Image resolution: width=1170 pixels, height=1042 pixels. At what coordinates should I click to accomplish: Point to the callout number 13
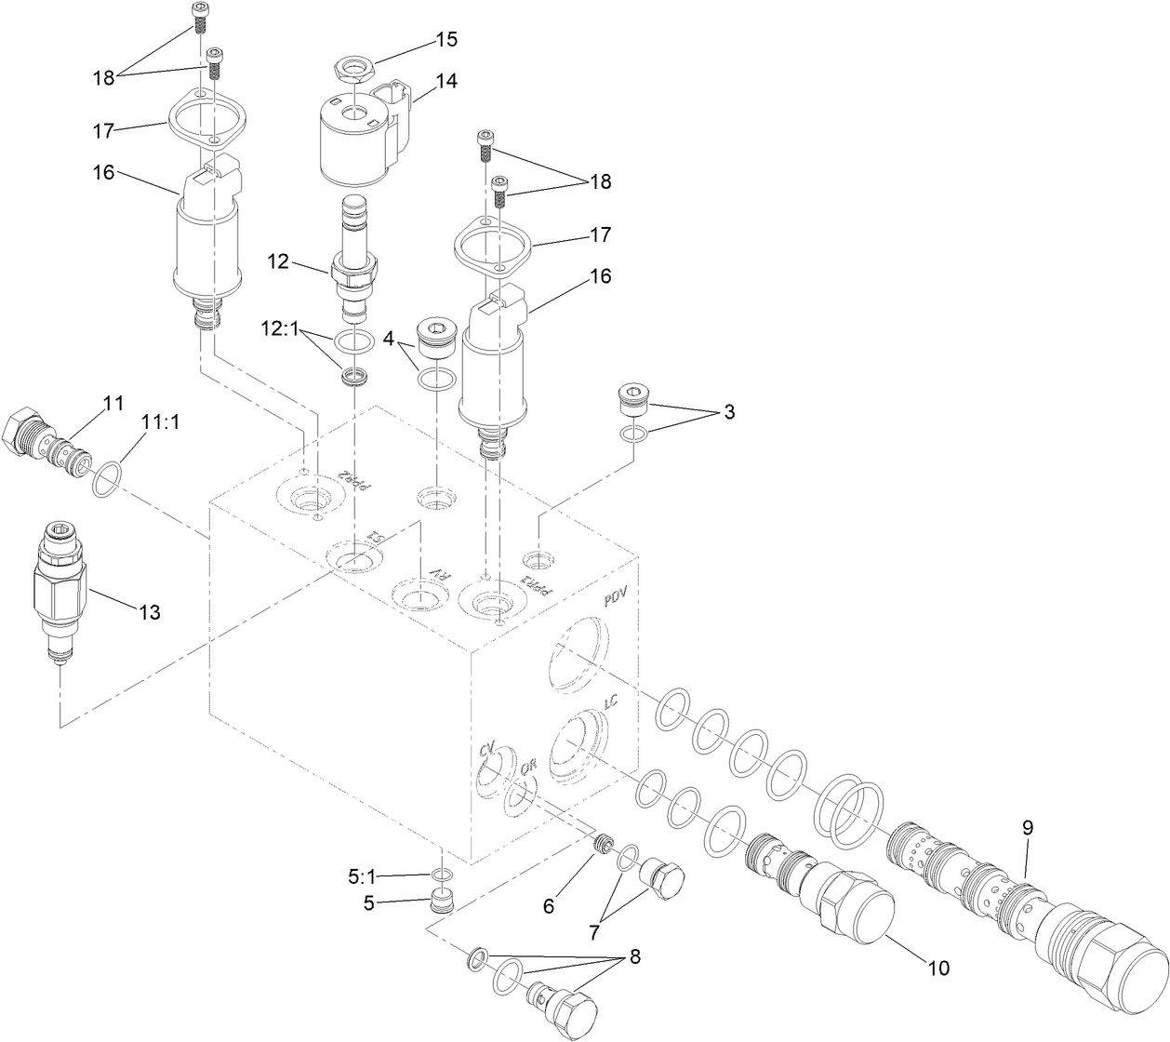[x=149, y=612]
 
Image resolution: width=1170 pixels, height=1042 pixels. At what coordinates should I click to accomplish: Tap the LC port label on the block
[x=611, y=703]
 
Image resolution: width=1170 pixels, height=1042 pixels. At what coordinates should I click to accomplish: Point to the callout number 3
[x=729, y=412]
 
